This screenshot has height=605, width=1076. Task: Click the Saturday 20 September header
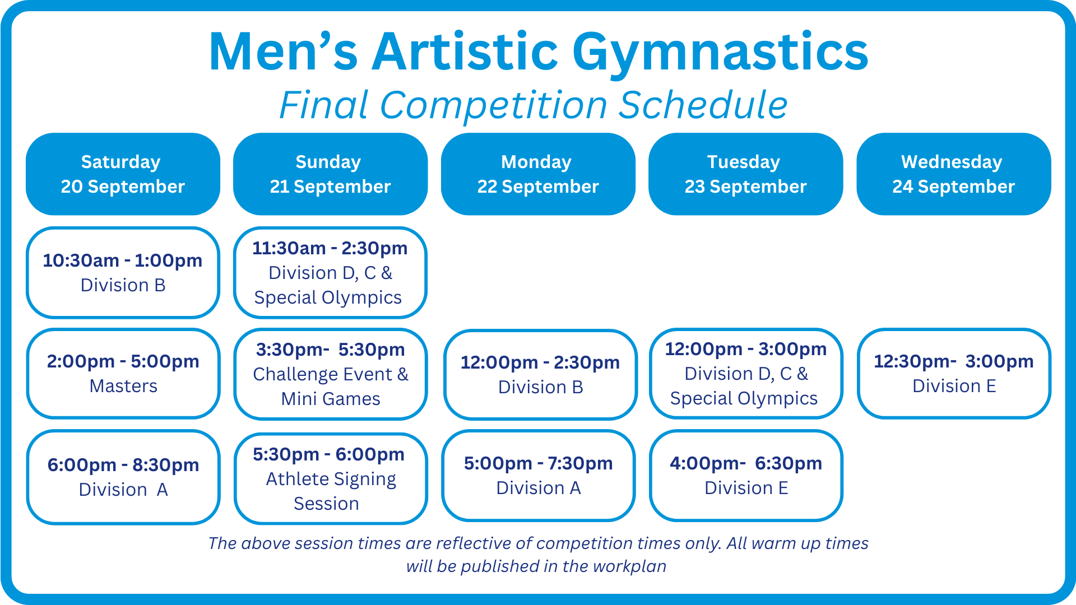click(123, 174)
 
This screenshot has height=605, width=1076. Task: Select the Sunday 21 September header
click(330, 174)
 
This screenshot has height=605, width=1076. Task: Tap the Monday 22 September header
click(538, 174)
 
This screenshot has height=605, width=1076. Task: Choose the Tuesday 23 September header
click(745, 174)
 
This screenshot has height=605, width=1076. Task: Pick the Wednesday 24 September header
click(953, 174)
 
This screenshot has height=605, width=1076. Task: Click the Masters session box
click(123, 373)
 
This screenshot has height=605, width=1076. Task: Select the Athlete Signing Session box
click(330, 478)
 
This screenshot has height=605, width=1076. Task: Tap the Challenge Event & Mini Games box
click(330, 374)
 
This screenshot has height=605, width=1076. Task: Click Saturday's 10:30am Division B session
click(123, 272)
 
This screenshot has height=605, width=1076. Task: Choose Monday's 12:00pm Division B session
click(540, 374)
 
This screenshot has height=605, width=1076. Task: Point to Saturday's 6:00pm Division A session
click(123, 477)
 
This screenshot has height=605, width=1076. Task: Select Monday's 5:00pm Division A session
click(538, 476)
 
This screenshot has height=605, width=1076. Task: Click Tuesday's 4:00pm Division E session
click(746, 476)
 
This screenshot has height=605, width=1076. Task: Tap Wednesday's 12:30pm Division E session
click(954, 373)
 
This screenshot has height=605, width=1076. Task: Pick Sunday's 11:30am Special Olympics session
click(330, 272)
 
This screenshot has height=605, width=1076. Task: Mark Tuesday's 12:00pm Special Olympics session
click(746, 373)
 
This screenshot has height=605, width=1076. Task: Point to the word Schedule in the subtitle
click(703, 105)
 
